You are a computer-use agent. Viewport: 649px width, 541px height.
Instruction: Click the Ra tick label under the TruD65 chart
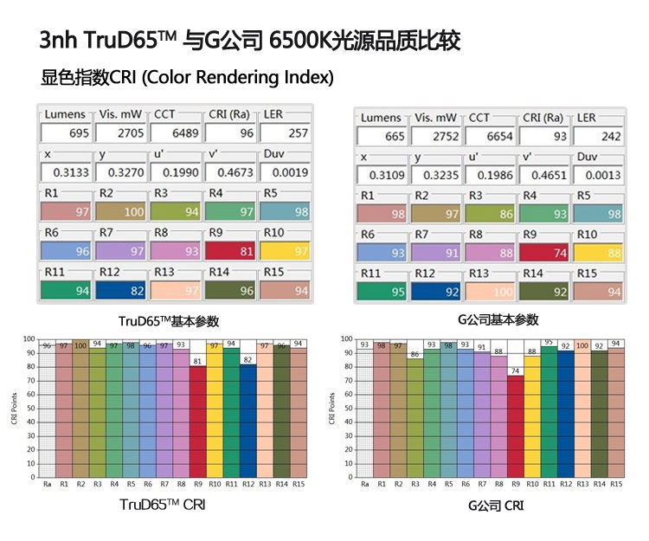coord(47,484)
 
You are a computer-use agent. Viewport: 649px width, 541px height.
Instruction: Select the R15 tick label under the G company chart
coord(615,484)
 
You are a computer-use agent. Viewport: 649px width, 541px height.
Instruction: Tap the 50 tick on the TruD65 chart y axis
coord(29,409)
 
